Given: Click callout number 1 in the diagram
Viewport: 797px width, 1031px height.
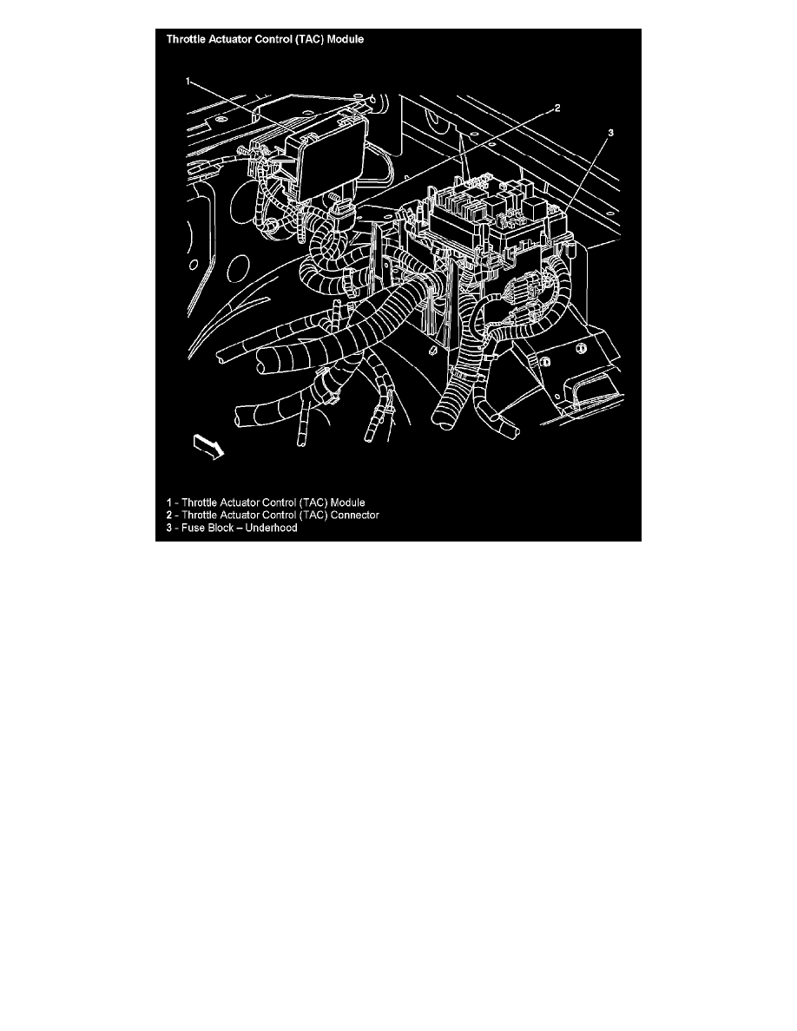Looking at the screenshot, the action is coord(188,82).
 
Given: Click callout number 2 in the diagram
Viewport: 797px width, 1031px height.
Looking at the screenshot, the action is coord(557,108).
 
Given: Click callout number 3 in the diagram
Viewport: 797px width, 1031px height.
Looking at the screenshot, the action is coord(610,133).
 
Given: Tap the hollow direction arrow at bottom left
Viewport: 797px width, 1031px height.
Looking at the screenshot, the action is coord(208,447).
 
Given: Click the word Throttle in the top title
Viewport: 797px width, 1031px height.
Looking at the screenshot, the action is coord(186,39).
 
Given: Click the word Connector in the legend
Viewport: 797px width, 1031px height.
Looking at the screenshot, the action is coord(354,515).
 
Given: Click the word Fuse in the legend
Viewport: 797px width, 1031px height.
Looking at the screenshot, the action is coord(193,528).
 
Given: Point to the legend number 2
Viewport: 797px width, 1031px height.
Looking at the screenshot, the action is coord(169,515).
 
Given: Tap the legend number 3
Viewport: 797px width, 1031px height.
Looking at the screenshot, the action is coord(169,528).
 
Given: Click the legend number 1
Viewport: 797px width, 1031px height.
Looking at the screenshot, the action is coord(169,503).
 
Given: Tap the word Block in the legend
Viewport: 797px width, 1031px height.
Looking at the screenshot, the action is coord(221,528).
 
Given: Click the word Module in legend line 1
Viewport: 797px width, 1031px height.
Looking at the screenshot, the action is coord(347,503).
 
